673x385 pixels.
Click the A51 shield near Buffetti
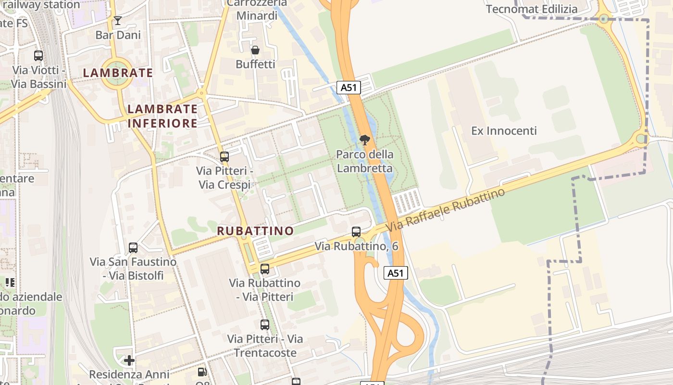349,87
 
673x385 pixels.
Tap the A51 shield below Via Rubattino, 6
396,273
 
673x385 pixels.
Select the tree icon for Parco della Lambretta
364,140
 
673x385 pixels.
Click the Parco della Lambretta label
364,161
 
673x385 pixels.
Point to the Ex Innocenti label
504,131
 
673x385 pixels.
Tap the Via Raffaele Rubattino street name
446,208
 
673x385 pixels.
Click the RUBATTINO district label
255,231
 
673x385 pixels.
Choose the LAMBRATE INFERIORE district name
162,116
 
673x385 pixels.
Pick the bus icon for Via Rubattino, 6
356,231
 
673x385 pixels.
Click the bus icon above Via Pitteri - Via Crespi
224,156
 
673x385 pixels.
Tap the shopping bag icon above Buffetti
255,50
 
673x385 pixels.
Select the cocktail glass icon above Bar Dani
118,20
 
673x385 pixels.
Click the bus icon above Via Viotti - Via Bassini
38,55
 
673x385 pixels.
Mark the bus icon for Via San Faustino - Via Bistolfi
133,247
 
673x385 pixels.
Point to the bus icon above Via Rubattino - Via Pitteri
265,269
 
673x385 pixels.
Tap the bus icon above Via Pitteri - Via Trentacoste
265,324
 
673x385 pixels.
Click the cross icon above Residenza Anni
129,360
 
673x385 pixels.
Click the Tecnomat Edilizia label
532,9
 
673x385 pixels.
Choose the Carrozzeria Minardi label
257,10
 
